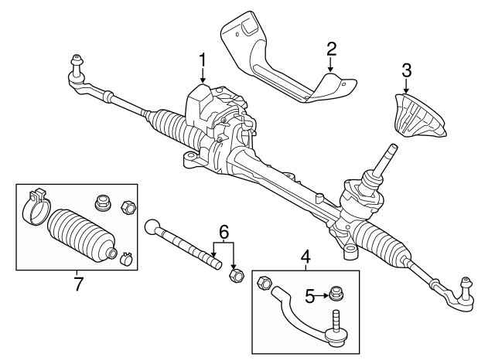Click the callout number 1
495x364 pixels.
point(203,60)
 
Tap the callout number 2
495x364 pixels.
point(331,49)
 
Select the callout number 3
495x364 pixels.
point(406,71)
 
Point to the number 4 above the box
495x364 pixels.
point(306,254)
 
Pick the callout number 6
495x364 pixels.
point(224,230)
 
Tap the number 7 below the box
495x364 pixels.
point(77,284)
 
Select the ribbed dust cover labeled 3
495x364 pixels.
point(418,117)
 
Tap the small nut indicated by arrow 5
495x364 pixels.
point(336,293)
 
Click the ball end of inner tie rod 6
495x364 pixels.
point(152,226)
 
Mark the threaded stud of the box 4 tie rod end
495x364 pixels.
point(336,318)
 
